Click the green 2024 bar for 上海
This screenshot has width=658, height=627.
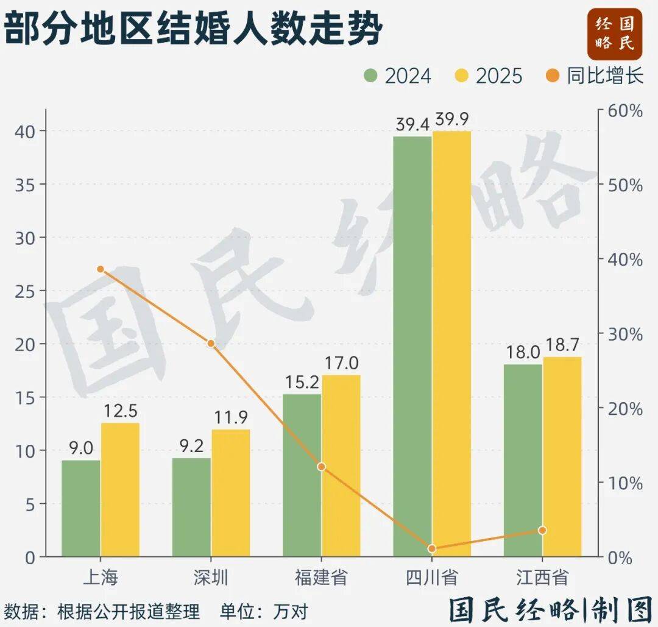click(81, 508)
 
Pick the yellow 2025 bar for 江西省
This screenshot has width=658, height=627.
click(562, 456)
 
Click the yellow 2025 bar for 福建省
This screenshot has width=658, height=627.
click(341, 466)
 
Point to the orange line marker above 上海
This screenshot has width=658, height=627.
click(101, 269)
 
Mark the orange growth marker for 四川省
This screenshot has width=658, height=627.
click(432, 548)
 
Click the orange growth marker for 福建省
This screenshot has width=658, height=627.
click(322, 467)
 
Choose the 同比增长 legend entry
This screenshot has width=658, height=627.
click(594, 76)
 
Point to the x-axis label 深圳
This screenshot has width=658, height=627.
click(211, 577)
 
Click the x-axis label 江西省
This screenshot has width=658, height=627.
click(542, 577)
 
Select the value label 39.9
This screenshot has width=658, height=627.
click(453, 119)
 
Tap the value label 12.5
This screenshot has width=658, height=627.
click(121, 412)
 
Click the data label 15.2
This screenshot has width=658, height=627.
click(302, 383)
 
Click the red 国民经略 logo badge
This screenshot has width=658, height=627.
click(615, 34)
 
